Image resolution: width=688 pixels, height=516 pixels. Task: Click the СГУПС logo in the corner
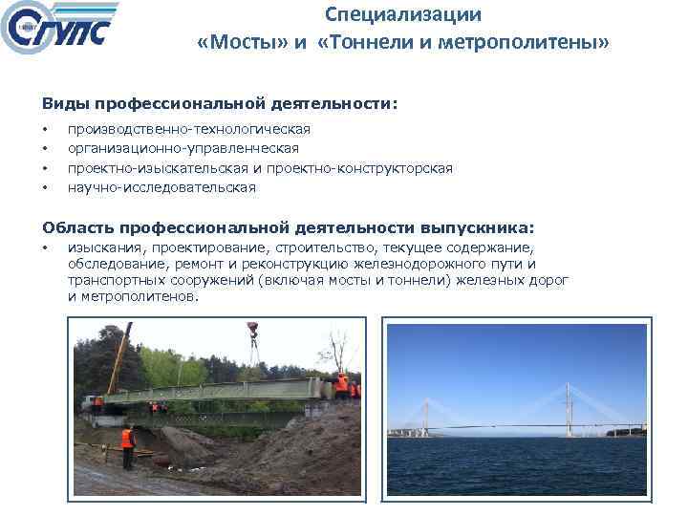(59, 31)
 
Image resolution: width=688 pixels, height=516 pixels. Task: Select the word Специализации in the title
(402, 15)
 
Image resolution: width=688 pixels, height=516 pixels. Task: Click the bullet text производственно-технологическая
(188, 128)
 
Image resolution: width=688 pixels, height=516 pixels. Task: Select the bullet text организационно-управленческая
(183, 148)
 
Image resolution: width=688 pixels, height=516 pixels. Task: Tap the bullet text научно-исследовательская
(161, 187)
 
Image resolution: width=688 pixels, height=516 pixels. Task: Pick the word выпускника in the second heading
(477, 227)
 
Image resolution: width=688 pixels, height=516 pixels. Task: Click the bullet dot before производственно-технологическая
(45, 129)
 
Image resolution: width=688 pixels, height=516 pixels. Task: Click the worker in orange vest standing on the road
(126, 444)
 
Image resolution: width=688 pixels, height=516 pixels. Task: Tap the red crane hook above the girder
(254, 334)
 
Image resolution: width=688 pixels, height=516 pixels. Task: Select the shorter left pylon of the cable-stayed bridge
(424, 416)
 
